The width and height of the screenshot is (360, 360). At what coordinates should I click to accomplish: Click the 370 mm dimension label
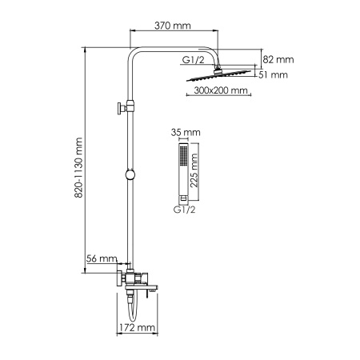(174, 26)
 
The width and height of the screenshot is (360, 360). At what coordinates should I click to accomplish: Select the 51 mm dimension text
(274, 75)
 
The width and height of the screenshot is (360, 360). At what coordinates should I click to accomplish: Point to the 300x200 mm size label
(220, 92)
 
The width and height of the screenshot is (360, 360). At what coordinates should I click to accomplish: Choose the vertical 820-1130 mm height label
(78, 168)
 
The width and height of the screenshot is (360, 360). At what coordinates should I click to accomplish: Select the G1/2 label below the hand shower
(183, 210)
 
